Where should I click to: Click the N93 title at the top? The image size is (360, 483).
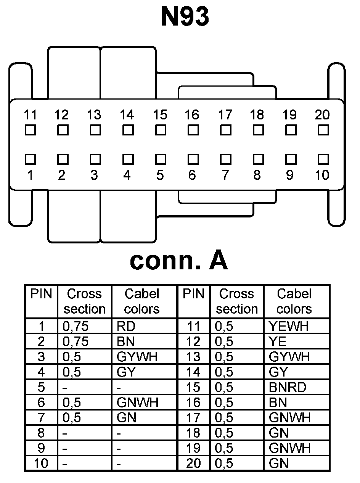click(x=185, y=17)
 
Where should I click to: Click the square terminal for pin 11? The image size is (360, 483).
click(x=30, y=130)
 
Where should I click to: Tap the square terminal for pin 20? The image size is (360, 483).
click(x=323, y=130)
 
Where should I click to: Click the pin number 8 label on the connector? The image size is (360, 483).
click(x=257, y=175)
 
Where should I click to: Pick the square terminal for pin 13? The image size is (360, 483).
click(x=95, y=130)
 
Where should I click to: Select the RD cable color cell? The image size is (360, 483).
click(x=127, y=326)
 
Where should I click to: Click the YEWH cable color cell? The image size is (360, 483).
click(x=289, y=326)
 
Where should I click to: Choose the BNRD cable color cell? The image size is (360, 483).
click(x=288, y=387)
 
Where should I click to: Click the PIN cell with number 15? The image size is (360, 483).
click(x=193, y=387)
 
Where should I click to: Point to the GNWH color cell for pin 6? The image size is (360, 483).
click(x=137, y=402)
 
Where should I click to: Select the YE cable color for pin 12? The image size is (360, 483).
click(x=278, y=341)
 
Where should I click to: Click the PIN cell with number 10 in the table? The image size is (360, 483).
click(x=41, y=464)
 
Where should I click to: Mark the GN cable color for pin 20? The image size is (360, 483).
click(x=279, y=464)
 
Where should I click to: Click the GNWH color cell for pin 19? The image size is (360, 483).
click(x=289, y=448)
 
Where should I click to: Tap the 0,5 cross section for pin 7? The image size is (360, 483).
click(x=72, y=418)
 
